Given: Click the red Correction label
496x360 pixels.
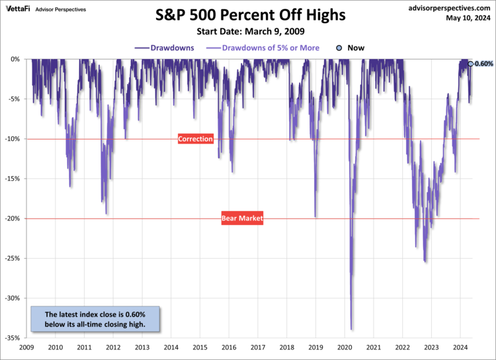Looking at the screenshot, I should pos(196,139).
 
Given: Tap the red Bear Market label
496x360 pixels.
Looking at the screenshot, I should pos(242,218).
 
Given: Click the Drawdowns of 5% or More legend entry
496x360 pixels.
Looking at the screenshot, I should pos(265,48).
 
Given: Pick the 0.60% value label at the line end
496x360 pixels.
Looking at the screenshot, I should pos(484,64).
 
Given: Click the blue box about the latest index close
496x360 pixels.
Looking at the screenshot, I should pos(95,319).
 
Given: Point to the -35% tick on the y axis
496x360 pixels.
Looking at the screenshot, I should pos(15,338).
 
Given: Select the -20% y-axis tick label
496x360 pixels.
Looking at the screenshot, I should pos(15,218).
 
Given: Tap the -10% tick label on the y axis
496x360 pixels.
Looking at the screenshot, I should pos(15,139).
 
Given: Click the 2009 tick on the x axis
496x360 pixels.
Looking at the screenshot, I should pos(26,347).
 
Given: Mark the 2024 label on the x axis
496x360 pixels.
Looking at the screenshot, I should pos(460,347).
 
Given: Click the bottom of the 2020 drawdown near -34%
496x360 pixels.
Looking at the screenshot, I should pos(351,329).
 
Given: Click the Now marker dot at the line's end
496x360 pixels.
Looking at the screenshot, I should pos(470,64).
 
